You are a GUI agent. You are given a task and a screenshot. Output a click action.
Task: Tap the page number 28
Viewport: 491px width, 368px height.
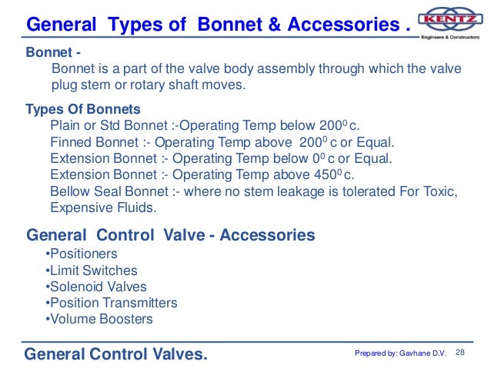click(x=462, y=352)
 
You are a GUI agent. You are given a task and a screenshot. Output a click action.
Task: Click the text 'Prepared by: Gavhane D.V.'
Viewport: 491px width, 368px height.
click(x=400, y=353)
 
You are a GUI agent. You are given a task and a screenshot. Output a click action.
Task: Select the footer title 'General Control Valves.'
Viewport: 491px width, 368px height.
click(x=115, y=354)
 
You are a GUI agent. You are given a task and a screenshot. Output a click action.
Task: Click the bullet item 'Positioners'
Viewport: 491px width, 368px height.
click(x=82, y=254)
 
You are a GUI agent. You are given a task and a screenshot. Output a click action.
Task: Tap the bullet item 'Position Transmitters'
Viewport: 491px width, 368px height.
click(x=111, y=303)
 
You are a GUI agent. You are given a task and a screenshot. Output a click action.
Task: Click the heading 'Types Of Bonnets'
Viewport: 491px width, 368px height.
click(x=83, y=108)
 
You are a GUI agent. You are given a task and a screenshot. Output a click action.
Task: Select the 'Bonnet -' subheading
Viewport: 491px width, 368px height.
click(x=50, y=54)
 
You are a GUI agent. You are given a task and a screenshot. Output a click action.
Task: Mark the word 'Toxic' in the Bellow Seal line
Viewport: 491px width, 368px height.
click(x=442, y=191)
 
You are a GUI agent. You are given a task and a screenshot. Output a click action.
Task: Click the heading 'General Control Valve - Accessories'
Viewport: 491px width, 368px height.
click(x=171, y=234)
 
